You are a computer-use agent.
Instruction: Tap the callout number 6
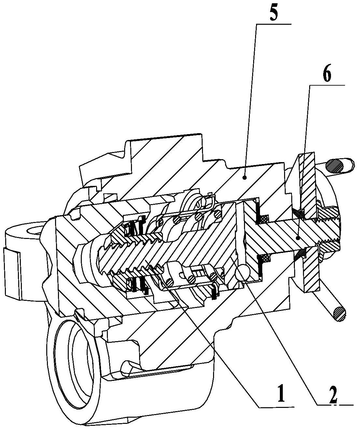327,75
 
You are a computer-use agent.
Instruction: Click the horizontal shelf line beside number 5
274,24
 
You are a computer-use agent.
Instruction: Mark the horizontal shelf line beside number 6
327,85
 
